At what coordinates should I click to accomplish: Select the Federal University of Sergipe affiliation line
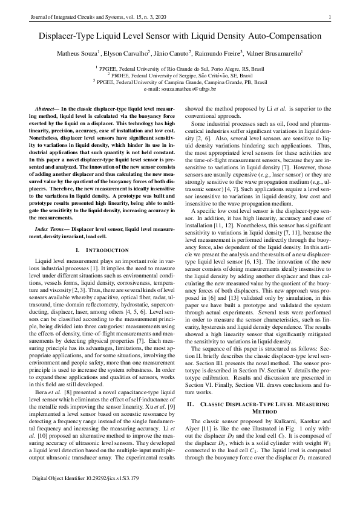click(180, 76)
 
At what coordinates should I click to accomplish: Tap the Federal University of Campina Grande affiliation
click(180, 82)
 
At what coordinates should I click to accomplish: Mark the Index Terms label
click(51, 230)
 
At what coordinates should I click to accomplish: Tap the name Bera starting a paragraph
click(42, 410)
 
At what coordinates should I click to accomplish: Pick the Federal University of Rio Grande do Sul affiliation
click(180, 70)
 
